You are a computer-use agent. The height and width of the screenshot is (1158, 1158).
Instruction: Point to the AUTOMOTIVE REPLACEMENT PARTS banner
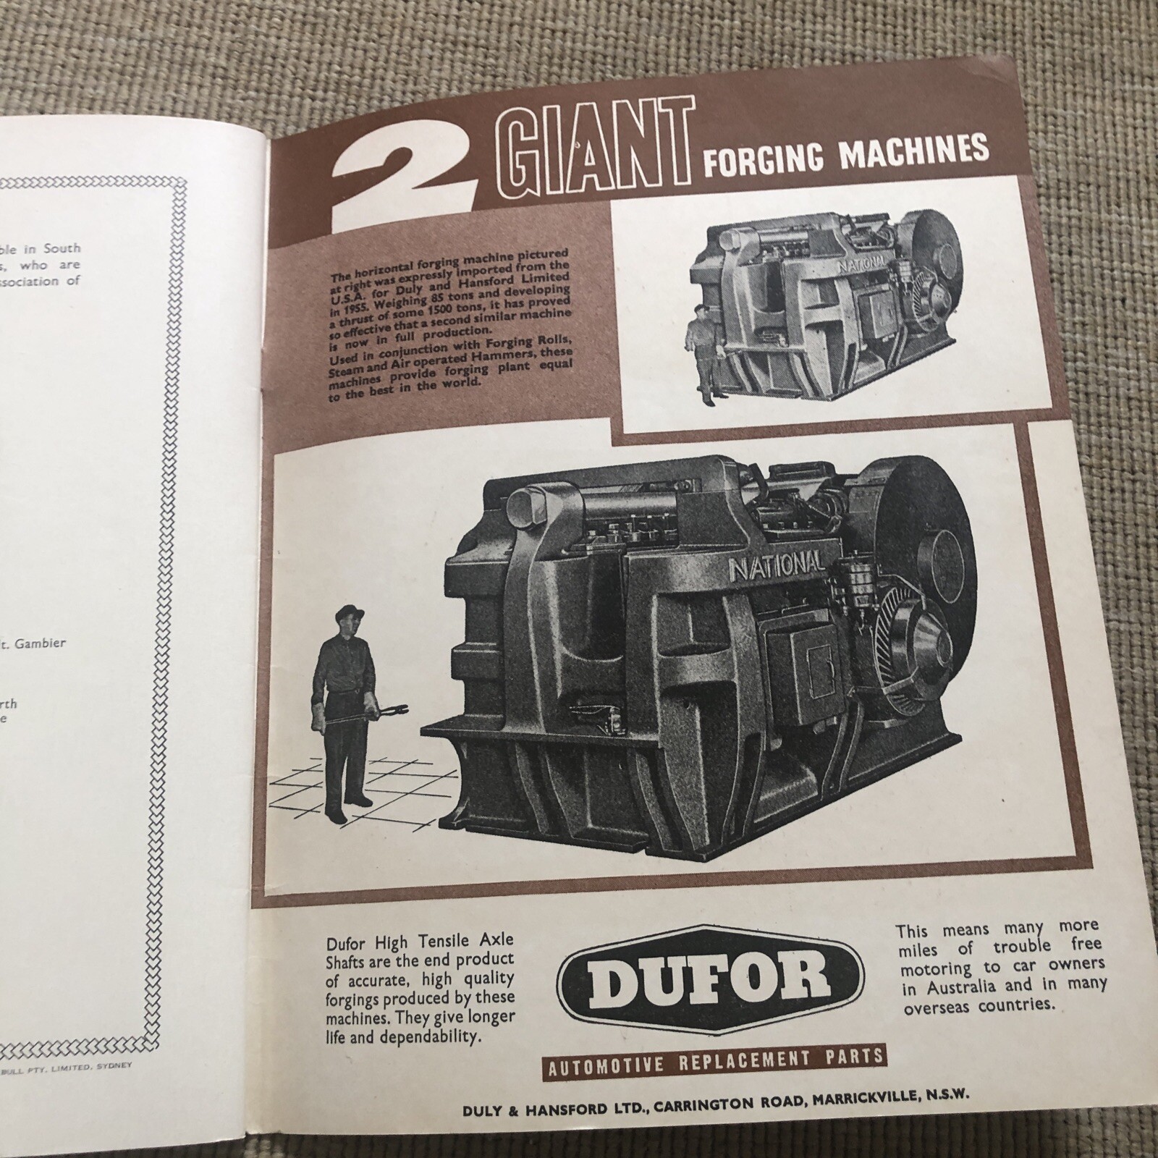714,1060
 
